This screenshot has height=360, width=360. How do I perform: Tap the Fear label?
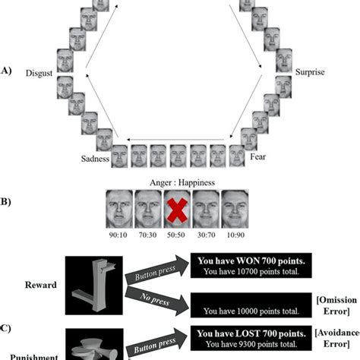click(260, 159)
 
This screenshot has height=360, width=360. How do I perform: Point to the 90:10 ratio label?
click(116, 235)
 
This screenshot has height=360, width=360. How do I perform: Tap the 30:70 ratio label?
click(206, 235)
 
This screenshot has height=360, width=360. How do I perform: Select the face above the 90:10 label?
click(117, 209)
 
